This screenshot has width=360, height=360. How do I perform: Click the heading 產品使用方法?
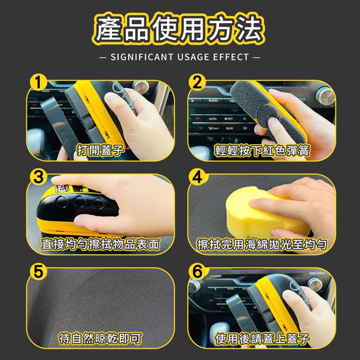(179, 29)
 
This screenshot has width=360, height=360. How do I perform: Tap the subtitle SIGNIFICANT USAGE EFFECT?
(180, 57)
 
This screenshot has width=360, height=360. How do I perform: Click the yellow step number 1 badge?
(38, 82)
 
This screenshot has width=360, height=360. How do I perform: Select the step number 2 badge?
(197, 82)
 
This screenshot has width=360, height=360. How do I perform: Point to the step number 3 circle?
(38, 178)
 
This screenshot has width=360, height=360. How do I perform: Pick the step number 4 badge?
(197, 178)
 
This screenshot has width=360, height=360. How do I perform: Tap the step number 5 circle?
(38, 271)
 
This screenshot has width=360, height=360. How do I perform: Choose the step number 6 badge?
(197, 271)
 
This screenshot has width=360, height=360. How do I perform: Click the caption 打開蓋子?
(100, 150)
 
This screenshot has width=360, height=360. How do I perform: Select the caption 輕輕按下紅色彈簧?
(262, 150)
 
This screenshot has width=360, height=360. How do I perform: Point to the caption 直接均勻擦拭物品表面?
(100, 244)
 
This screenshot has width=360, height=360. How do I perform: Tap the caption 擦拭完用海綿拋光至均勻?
(262, 244)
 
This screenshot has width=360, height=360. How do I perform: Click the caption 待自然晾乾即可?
(100, 338)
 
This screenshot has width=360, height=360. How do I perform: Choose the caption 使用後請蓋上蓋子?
(262, 338)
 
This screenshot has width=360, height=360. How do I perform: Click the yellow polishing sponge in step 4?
(264, 212)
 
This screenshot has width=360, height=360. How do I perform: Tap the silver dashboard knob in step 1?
(141, 87)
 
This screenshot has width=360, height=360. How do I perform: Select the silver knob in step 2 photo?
(325, 96)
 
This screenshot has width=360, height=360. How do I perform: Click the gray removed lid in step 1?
(57, 126)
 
